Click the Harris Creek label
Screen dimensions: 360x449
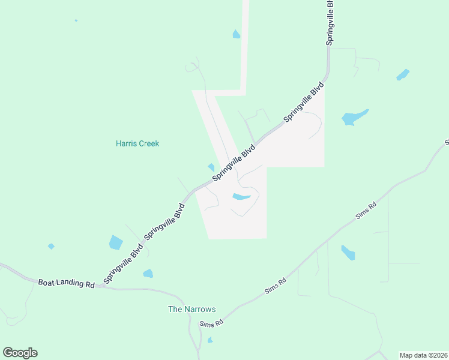pos(137,143)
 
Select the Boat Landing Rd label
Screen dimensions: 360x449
pos(67,283)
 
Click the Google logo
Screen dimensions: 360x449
pos(20,353)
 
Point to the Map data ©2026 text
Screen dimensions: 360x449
pos(423,355)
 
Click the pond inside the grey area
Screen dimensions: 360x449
pos(241,197)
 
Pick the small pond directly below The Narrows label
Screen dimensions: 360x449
pos(209,340)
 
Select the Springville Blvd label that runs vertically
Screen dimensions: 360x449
pos(330,22)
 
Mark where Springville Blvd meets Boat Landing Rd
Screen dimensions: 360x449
pos(103,286)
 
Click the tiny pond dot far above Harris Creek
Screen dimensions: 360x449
pos(76,20)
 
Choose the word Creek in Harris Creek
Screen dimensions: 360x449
pos(149,143)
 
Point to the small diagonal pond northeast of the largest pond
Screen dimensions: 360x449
pos(403,74)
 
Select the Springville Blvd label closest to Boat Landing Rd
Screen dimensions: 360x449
pos(123,263)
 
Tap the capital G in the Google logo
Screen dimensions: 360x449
pos(8,353)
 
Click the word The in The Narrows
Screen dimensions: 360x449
pos(174,310)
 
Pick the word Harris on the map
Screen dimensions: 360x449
pos(126,143)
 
